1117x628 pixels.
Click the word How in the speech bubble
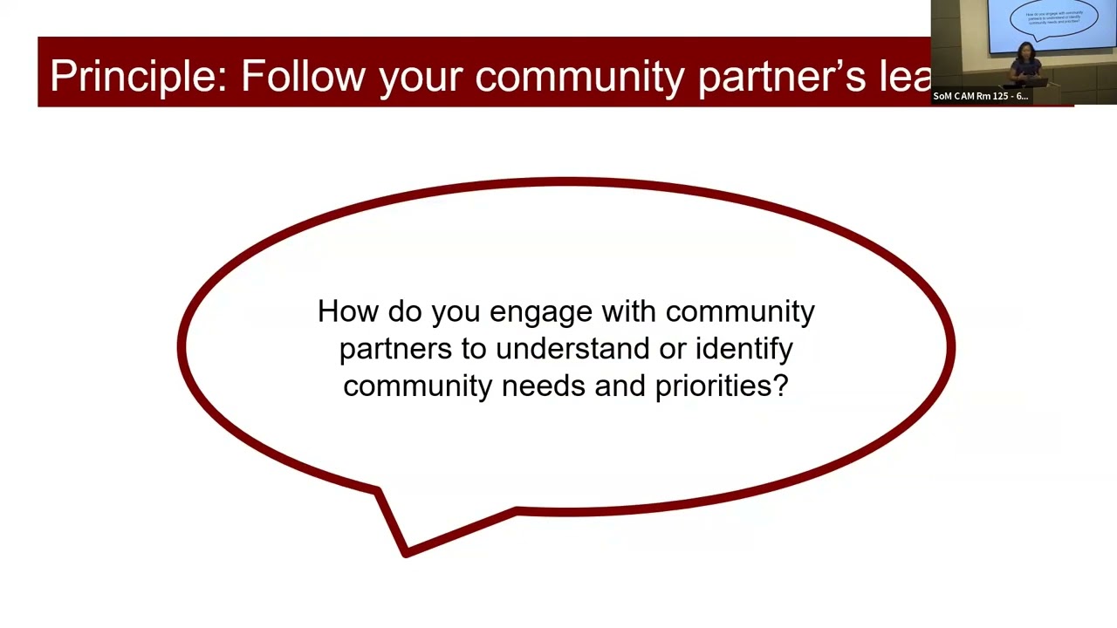point(348,311)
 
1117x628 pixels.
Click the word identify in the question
point(744,349)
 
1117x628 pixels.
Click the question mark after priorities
point(780,386)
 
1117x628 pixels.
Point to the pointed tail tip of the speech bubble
point(405,552)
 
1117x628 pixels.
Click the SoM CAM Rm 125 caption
point(980,96)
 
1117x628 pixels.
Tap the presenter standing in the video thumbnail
point(1025,65)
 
